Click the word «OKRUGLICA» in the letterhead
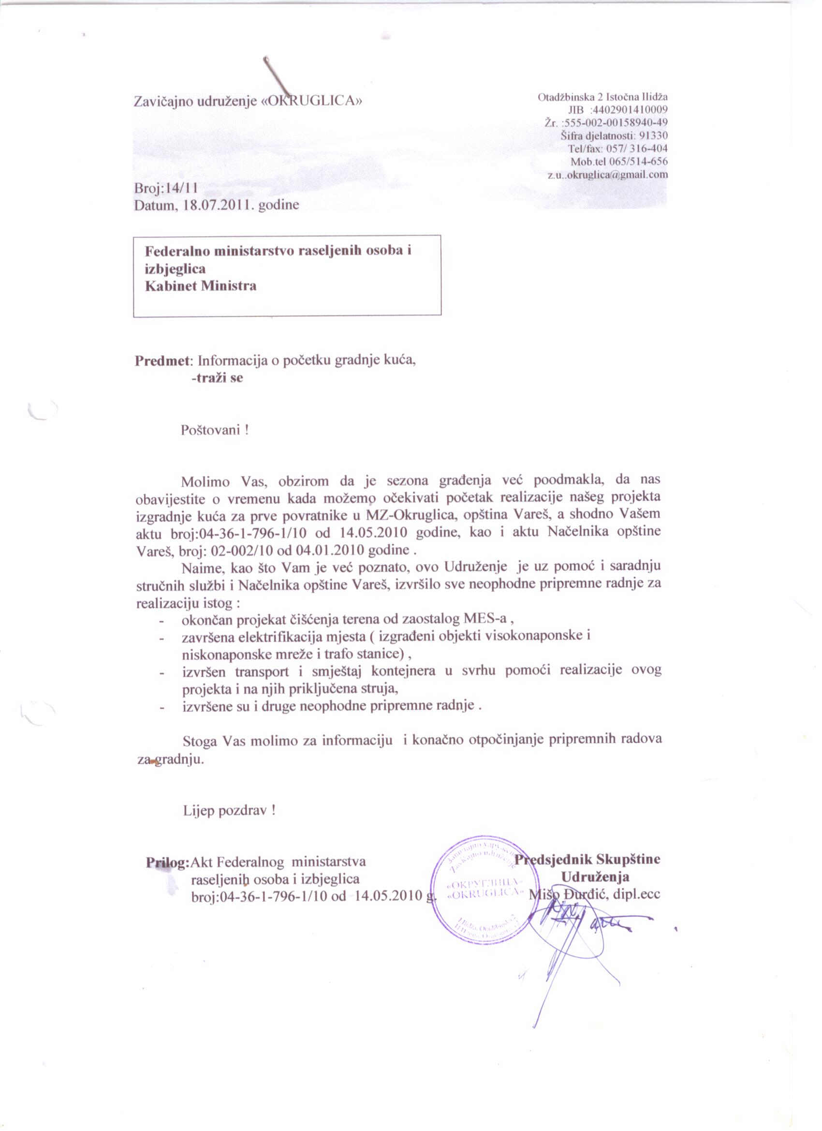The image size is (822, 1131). click(312, 101)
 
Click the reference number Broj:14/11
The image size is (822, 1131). click(166, 189)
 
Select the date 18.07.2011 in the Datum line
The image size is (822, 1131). click(220, 206)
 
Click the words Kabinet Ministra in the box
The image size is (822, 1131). click(200, 286)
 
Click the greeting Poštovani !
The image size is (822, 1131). click(215, 430)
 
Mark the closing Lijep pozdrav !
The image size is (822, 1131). click(229, 810)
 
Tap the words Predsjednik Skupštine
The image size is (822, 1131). click(588, 859)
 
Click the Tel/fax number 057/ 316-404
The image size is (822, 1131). click(638, 149)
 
